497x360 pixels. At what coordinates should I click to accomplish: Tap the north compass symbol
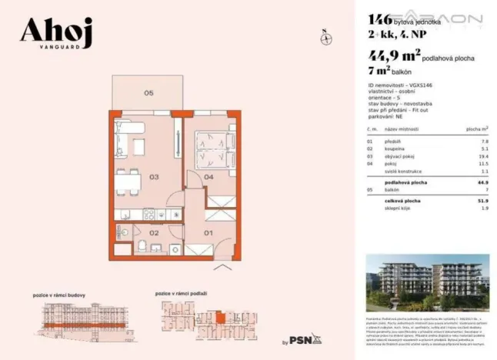pos(325,36)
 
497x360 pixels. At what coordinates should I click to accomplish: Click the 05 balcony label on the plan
pos(148,93)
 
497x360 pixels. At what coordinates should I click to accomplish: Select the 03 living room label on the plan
pos(154,177)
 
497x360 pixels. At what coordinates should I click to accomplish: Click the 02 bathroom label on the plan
pos(154,232)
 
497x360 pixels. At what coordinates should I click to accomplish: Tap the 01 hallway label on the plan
pos(208,232)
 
